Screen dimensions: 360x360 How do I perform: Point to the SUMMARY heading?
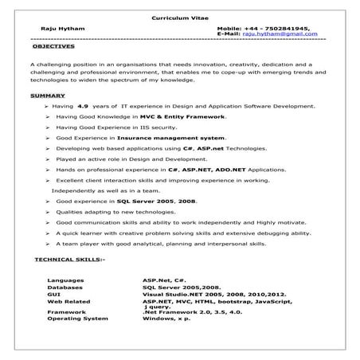coord(48,96)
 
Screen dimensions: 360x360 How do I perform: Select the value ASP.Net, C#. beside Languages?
coord(164,281)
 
